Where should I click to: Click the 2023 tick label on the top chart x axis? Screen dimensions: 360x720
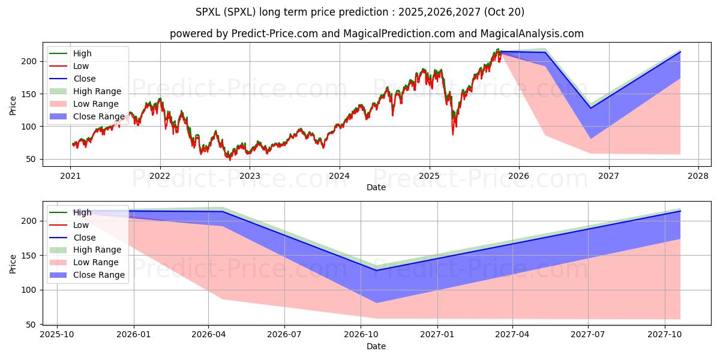tap(250, 176)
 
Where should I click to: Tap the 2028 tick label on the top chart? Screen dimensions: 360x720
tap(698, 176)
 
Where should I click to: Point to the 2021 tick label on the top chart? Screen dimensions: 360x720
tap(70, 176)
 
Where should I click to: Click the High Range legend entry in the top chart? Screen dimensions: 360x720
tap(97, 91)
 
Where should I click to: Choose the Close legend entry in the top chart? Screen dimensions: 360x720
tap(85, 79)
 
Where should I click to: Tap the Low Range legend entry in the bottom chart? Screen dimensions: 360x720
tap(96, 262)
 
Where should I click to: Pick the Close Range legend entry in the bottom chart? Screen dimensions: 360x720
tap(99, 275)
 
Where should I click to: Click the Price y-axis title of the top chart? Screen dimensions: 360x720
tap(13, 106)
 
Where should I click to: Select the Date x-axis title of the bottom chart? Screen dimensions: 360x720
tap(376, 346)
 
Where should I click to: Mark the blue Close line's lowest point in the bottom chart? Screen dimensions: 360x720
tap(376, 270)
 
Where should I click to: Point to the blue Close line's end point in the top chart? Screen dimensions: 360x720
tap(680, 52)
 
